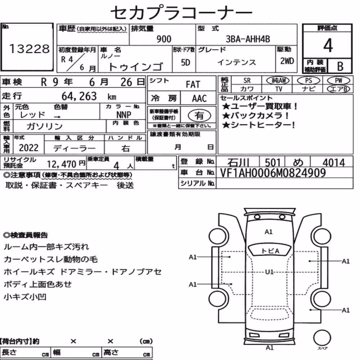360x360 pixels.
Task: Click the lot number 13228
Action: (29, 49)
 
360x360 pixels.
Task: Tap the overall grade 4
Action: (328, 45)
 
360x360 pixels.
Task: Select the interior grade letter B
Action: (340, 66)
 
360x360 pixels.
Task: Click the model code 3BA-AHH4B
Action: (248, 39)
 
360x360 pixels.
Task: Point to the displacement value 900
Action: (164, 39)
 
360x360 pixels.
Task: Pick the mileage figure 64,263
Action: (79, 96)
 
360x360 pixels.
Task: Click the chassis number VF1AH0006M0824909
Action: (273, 173)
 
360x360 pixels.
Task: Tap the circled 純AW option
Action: (278, 80)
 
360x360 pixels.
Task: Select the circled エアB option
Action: (338, 89)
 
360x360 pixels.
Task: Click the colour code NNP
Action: (124, 114)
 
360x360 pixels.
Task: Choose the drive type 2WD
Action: (287, 61)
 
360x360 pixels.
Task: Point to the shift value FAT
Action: (193, 85)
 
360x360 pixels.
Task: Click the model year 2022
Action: (29, 148)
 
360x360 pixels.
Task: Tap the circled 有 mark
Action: (199, 116)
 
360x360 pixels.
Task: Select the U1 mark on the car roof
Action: (269, 272)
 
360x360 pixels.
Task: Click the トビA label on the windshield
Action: (270, 251)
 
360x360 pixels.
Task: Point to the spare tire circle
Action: (322, 338)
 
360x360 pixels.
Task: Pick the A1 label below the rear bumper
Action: (270, 348)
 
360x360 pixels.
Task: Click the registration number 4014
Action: (334, 163)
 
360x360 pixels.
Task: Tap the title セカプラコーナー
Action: (181, 12)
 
